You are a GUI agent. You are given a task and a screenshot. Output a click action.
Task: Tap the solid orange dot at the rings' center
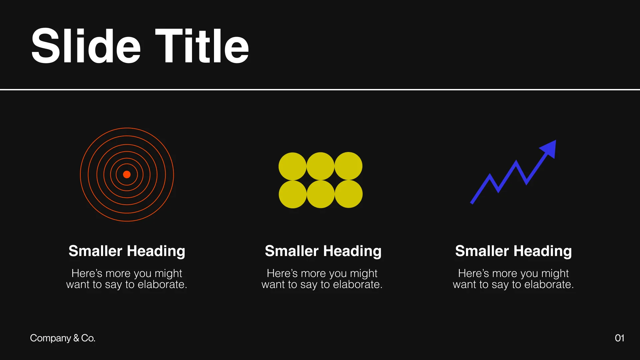[x=127, y=174]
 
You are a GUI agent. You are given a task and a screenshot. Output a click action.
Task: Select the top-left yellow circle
[x=292, y=166]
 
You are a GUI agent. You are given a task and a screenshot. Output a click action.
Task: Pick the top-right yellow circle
[x=348, y=166]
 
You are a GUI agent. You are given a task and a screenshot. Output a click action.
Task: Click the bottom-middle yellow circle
[x=320, y=194]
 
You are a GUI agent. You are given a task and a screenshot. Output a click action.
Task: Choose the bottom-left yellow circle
[x=292, y=194]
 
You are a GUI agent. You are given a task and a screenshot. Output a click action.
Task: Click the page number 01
[x=619, y=338]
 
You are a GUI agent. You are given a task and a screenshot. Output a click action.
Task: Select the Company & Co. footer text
[x=63, y=338]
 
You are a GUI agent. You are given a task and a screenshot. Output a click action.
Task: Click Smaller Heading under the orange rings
[x=127, y=251]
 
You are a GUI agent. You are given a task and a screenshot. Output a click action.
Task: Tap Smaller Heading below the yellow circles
[x=323, y=251]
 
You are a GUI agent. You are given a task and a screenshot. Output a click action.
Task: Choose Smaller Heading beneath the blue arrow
[x=513, y=251]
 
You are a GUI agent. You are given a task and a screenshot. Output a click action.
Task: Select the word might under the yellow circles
[x=364, y=273]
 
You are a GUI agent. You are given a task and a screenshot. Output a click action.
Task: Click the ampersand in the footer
[x=76, y=338]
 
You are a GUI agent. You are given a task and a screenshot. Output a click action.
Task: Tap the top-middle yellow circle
[x=320, y=166]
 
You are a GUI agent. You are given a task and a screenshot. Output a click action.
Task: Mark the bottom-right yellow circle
[x=348, y=194]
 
